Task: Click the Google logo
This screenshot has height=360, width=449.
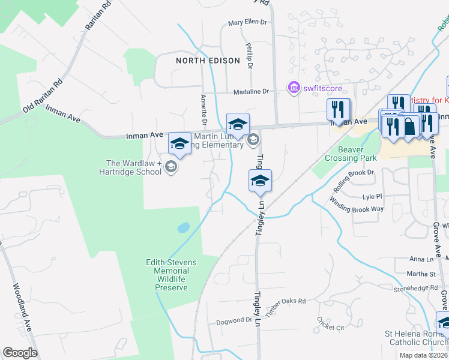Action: pyautogui.click(x=20, y=353)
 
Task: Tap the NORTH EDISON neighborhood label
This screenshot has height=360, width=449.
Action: pyautogui.click(x=207, y=61)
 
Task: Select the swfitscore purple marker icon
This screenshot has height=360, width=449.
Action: pyautogui.click(x=294, y=89)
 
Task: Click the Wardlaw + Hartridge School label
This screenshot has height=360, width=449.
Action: pyautogui.click(x=134, y=167)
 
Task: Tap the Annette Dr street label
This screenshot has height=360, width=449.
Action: pyautogui.click(x=203, y=111)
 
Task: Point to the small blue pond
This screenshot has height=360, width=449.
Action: pyautogui.click(x=183, y=228)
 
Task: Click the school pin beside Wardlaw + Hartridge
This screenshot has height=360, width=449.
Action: pyautogui.click(x=179, y=144)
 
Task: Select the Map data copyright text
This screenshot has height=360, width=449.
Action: pyautogui.click(x=424, y=355)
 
